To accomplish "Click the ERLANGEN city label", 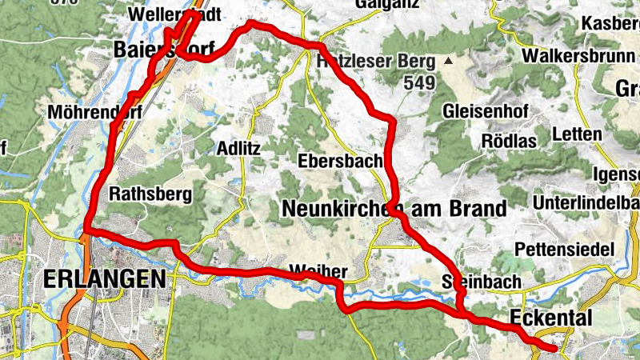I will (x=105, y=279).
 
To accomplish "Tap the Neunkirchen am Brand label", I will (x=395, y=209).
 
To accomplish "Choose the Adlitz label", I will (x=239, y=149).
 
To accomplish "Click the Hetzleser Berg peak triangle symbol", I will (x=450, y=60).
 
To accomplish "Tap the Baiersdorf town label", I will (x=164, y=50).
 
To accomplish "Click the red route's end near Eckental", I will (x=554, y=347).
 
